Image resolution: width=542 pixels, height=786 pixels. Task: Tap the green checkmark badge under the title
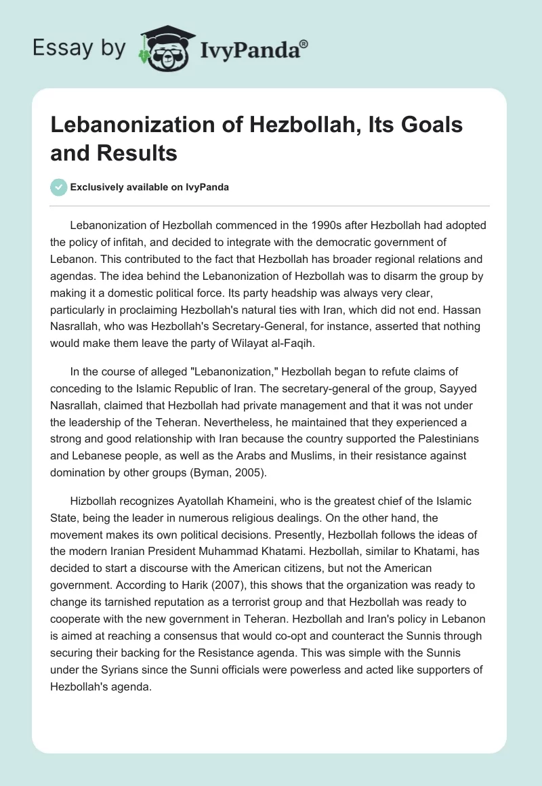58,188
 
